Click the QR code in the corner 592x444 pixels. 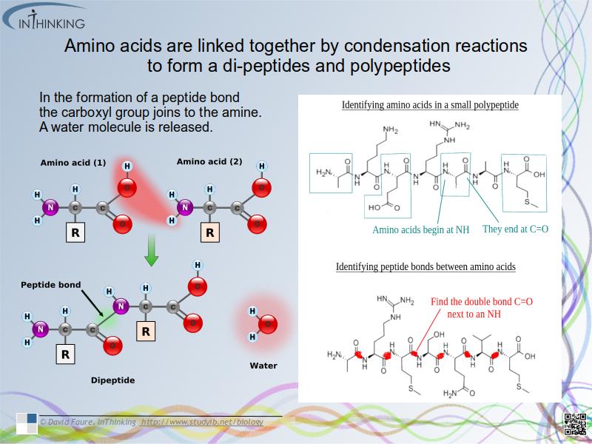coord(575,425)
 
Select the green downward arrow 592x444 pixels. coord(151,252)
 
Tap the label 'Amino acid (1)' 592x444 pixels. coord(73,162)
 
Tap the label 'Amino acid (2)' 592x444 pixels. coord(209,161)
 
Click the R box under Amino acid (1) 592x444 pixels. coord(74,234)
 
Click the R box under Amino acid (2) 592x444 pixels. coord(209,234)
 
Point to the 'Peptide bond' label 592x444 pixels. coord(51,284)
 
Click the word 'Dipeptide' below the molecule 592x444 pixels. coord(112,380)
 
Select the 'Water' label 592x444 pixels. coord(263,366)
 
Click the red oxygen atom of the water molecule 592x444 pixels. coord(268,323)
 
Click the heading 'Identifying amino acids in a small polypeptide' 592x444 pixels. coord(430,105)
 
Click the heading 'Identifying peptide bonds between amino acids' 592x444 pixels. coord(425,266)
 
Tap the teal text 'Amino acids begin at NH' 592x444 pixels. coord(420,230)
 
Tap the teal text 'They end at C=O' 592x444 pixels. coord(515,229)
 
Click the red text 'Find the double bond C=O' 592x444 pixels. coord(482,302)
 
